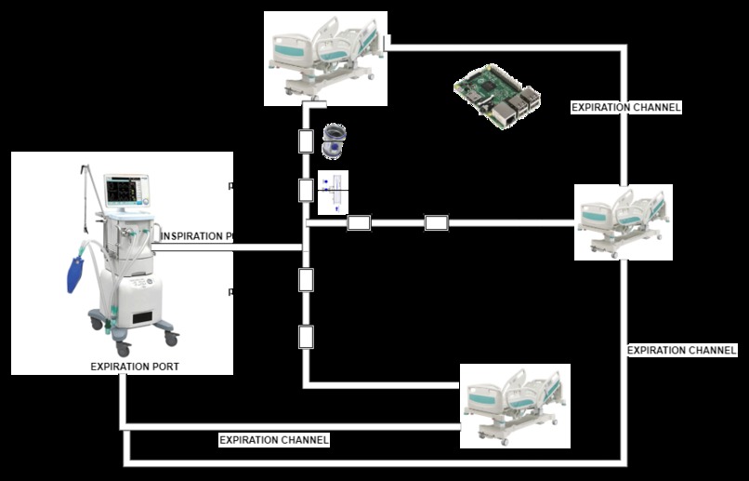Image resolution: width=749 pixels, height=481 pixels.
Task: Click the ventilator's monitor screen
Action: point(127,191)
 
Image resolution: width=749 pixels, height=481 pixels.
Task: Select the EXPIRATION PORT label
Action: point(135,367)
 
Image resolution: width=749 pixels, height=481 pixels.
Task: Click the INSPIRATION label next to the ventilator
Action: point(197,236)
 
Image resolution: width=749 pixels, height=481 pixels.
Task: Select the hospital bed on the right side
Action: point(622,221)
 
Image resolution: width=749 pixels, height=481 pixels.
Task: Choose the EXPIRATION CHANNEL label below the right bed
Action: point(681,351)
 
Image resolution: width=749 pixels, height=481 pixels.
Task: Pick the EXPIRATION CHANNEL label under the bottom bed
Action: point(273,439)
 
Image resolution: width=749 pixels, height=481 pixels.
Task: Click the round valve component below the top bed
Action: point(333,141)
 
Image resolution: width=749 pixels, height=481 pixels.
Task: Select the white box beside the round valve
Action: point(306,141)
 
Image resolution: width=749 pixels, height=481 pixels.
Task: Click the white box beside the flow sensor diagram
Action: point(306,191)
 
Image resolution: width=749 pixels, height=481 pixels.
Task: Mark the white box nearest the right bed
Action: point(437,222)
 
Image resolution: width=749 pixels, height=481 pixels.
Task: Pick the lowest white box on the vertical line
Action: point(306,336)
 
